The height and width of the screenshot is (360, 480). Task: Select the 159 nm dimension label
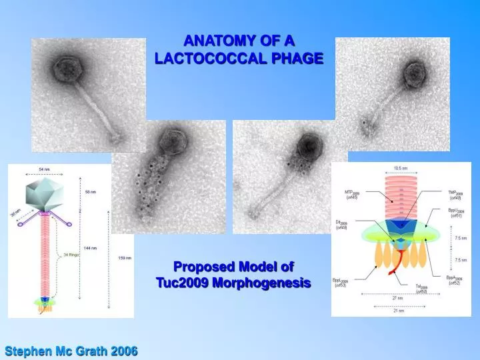125,257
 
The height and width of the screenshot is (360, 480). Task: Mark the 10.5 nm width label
401,168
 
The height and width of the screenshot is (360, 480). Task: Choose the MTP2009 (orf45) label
352,195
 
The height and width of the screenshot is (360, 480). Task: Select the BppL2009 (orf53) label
340,283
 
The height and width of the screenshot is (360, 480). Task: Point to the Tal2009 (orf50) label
421,289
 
